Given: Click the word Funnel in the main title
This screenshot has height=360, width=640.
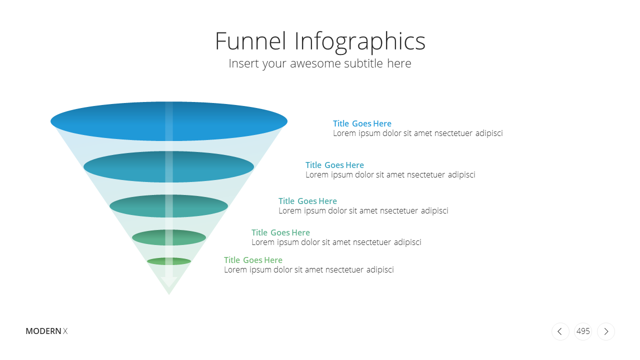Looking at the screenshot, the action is click(250, 41).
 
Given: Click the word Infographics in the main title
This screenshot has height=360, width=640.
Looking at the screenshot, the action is click(360, 42).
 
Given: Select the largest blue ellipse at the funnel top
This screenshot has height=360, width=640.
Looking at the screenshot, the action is click(169, 121).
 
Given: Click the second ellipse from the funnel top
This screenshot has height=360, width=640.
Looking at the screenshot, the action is click(168, 167).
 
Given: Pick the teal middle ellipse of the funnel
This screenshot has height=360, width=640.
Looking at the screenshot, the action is click(168, 206).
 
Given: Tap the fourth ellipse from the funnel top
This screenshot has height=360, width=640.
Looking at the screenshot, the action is click(169, 237).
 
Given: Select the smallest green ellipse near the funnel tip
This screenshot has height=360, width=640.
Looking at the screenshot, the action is click(169, 261).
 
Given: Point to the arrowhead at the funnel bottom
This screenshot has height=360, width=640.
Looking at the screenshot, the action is click(169, 282).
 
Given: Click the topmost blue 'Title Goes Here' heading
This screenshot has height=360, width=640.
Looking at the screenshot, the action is click(362, 123).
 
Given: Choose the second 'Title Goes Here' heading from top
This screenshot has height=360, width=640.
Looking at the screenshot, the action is click(334, 165).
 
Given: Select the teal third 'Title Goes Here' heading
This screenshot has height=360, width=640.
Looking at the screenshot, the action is click(307, 201).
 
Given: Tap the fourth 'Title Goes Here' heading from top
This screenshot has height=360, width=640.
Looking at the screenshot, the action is click(280, 232).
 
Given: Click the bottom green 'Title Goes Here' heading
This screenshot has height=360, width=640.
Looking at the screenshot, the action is click(253, 259).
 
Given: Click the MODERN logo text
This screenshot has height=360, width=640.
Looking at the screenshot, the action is click(43, 331).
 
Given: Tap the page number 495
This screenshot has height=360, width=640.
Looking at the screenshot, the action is click(583, 331).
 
